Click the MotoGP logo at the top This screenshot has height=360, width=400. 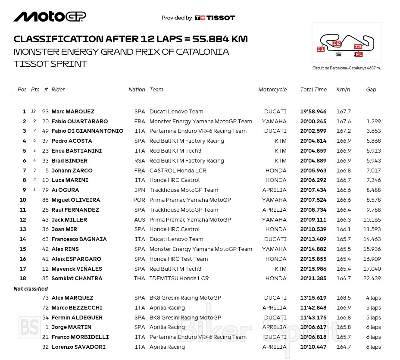[50, 16]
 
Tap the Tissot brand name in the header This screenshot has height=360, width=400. [220, 18]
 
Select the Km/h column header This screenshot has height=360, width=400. [343, 90]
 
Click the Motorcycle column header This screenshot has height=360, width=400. [272, 90]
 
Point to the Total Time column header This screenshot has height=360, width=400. [313, 90]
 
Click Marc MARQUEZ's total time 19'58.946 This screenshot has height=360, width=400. [313, 112]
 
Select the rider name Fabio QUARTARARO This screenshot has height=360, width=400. [80, 122]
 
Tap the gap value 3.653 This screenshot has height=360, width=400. [373, 131]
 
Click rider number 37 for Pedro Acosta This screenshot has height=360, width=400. [45, 141]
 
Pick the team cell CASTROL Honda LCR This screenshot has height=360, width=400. [178, 171]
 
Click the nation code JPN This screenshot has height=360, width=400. [140, 190]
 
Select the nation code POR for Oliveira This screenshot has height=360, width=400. [140, 200]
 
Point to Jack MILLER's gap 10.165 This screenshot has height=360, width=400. [372, 220]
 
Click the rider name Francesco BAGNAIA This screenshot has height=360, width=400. [79, 239]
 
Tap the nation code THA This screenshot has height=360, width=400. [140, 279]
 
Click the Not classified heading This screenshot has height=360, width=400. [31, 289]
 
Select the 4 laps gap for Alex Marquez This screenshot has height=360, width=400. [373, 298]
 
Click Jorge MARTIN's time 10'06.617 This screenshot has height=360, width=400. [313, 327]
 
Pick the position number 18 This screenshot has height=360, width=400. [23, 279]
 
